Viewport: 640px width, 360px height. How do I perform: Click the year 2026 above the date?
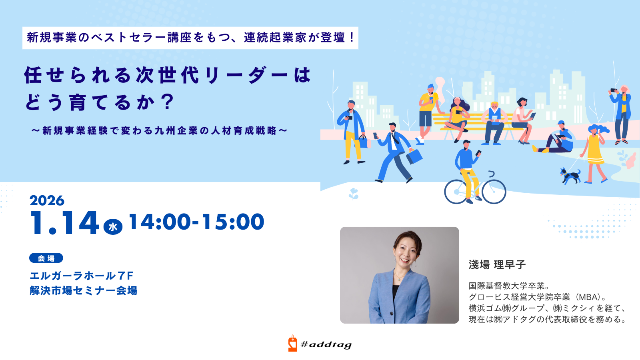(47, 200)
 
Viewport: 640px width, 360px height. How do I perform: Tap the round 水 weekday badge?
(113, 227)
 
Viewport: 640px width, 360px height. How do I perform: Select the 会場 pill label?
(46, 258)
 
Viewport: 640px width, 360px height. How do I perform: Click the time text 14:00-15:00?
(196, 222)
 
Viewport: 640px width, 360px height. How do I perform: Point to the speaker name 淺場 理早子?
(497, 264)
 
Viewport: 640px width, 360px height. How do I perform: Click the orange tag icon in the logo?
(292, 343)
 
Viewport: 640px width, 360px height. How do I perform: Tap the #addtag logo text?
(326, 345)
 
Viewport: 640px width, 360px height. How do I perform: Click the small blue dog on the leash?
(570, 176)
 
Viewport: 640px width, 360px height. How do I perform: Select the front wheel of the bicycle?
(494, 192)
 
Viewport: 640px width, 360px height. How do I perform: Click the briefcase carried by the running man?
(414, 156)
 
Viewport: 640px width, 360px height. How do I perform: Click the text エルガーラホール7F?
(82, 276)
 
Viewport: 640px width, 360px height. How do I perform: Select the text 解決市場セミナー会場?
(84, 290)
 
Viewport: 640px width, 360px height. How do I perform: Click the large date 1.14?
(64, 223)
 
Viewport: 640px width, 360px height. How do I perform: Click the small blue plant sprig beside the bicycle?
(354, 194)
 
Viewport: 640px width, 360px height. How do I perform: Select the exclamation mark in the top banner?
(352, 38)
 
